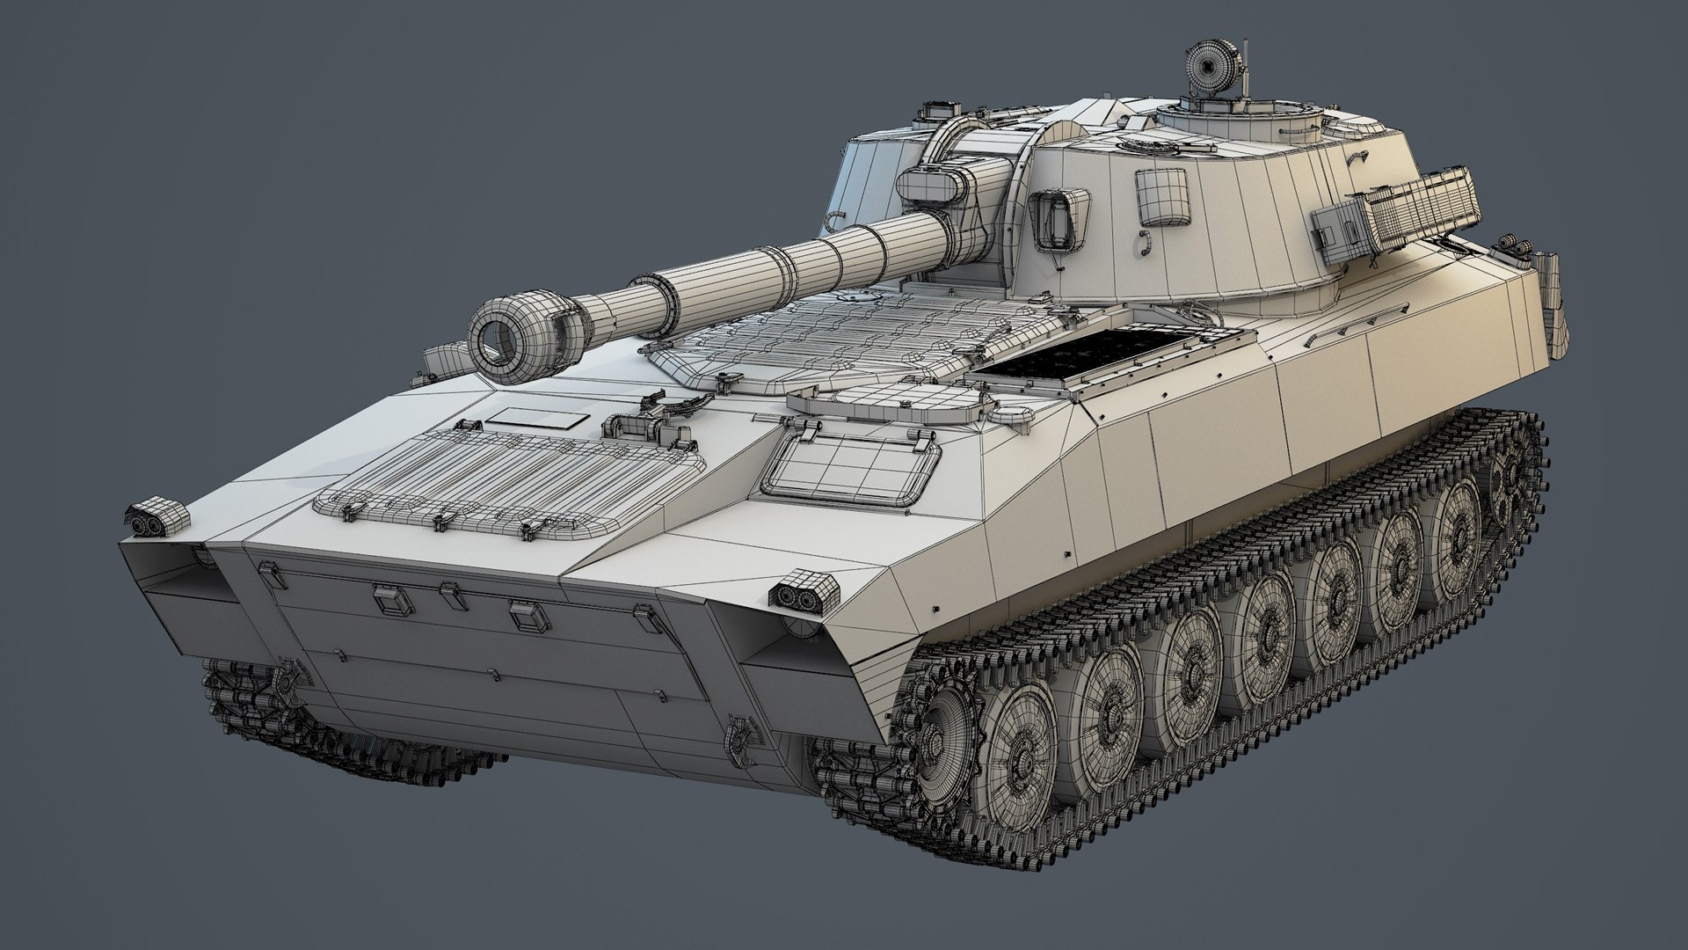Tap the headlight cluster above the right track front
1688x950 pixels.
coord(802,588)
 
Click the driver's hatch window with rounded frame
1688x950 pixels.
coord(848,467)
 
